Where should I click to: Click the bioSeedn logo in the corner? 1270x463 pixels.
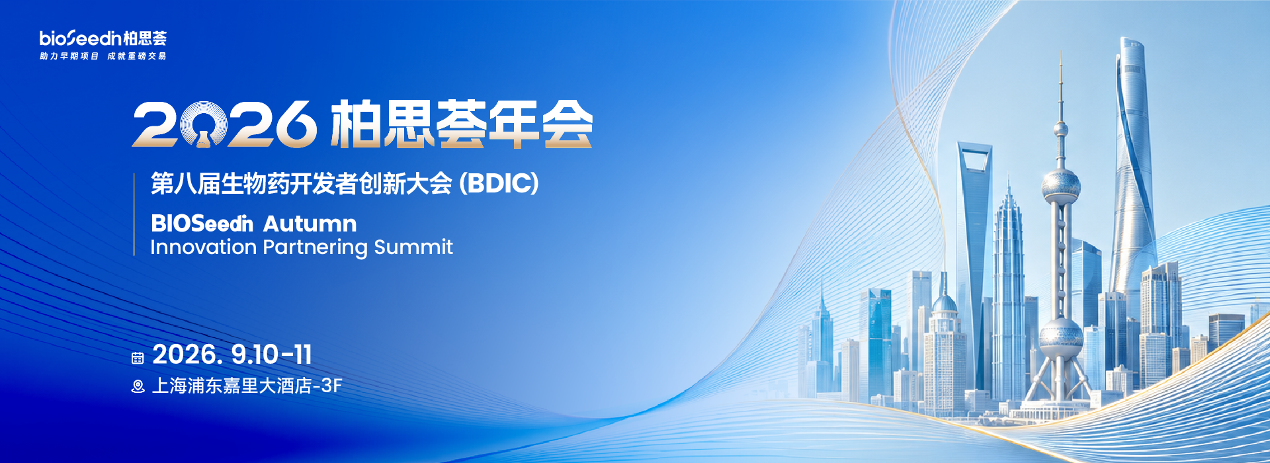(103, 38)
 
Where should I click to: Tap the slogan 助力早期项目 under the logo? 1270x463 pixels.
(69, 56)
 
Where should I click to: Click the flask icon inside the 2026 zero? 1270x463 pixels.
(204, 135)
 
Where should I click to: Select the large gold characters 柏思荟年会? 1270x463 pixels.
(461, 124)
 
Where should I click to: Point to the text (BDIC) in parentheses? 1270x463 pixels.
(499, 183)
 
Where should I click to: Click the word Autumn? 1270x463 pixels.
(310, 224)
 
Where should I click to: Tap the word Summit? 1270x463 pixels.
(413, 247)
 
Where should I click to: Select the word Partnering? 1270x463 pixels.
(315, 248)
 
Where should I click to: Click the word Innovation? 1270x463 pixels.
(204, 247)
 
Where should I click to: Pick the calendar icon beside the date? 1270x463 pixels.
(138, 358)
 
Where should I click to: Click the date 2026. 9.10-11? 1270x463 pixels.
(232, 355)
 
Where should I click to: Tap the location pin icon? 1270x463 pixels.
(138, 386)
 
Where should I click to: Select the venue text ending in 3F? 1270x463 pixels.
(247, 386)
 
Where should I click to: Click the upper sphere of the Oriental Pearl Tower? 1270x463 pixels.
(1061, 185)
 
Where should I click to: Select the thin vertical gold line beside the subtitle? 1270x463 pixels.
(134, 214)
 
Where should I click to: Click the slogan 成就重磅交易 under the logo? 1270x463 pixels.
(137, 56)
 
